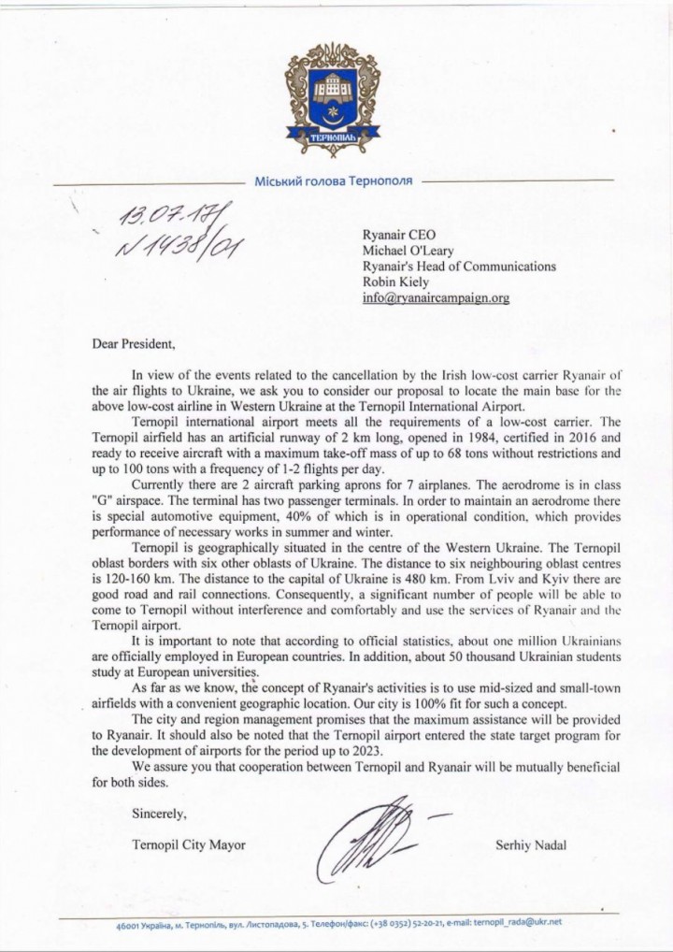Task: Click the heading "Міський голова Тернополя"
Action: (x=334, y=180)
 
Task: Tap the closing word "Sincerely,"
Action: (x=160, y=813)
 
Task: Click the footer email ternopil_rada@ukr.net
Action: (x=531, y=922)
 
